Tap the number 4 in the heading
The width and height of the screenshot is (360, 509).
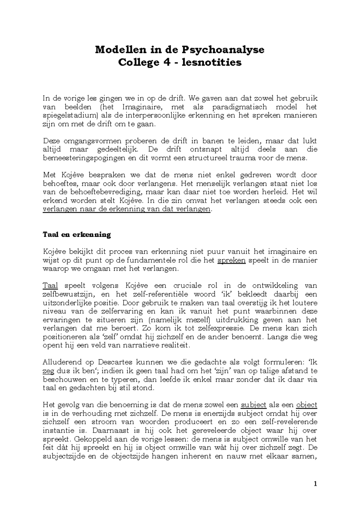(161, 62)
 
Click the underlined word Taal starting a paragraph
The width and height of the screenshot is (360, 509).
(50, 286)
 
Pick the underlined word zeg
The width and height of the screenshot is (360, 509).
(49, 371)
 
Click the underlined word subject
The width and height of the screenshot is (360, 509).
(253, 405)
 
